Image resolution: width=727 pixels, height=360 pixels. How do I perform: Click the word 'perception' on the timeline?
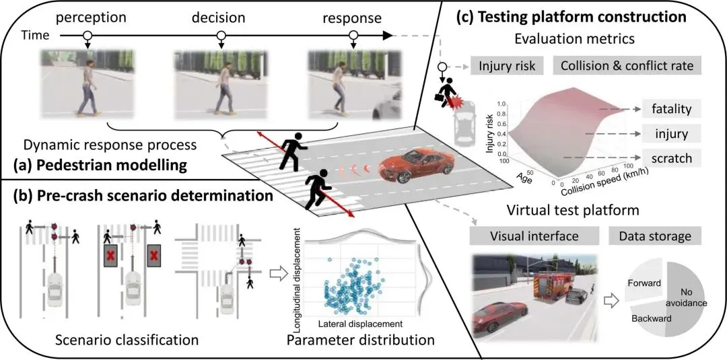(86, 15)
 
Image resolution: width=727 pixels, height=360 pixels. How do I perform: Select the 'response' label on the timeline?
(352, 15)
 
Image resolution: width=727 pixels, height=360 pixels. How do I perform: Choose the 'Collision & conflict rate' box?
(627, 66)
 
